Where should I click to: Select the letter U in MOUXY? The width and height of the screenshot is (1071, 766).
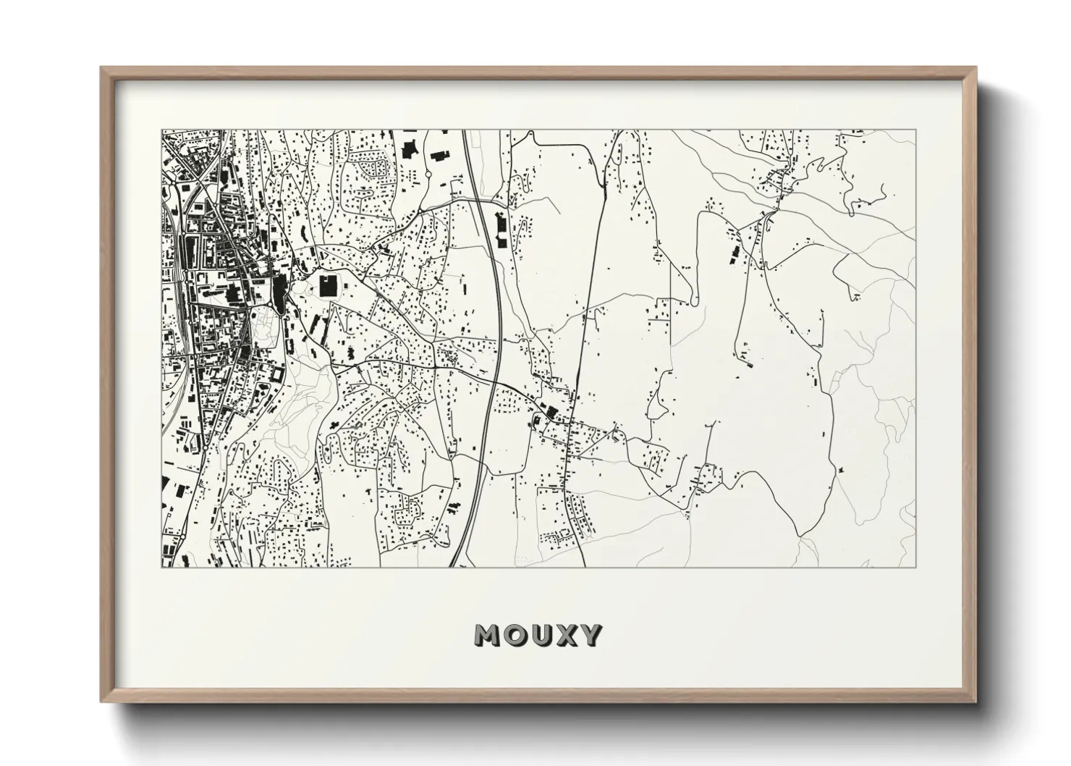click(540, 635)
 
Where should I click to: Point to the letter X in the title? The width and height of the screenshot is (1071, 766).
click(566, 635)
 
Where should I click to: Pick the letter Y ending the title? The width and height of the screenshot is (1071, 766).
click(590, 635)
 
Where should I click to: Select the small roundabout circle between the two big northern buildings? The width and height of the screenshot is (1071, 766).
click(427, 174)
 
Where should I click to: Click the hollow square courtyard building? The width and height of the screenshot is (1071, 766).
click(276, 375)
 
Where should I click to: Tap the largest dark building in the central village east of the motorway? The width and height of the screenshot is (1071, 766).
click(551, 413)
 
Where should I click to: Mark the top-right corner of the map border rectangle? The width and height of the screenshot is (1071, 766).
click(915, 130)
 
